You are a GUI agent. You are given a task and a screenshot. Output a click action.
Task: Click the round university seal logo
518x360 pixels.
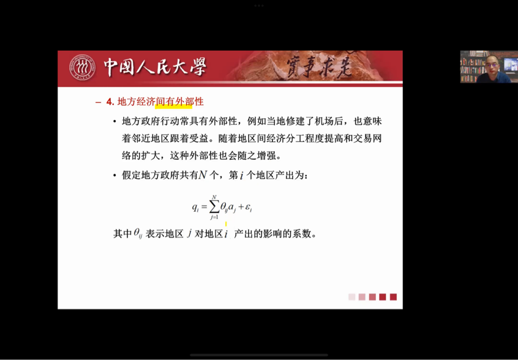tap(82, 67)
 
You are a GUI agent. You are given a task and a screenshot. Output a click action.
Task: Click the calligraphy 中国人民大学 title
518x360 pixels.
tap(155, 67)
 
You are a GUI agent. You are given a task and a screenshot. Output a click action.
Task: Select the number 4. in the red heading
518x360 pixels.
tap(110, 102)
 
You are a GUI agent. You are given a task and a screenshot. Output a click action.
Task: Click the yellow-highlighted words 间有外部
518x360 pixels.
tap(174, 102)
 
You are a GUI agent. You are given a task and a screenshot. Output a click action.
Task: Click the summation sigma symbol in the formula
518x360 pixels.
tap(214, 207)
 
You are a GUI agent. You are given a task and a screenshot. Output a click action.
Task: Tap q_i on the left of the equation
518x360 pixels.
tap(195, 208)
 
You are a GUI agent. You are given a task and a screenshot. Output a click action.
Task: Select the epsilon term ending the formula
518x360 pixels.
tap(249, 208)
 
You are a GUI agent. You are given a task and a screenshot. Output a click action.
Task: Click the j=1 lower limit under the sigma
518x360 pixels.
tap(214, 217)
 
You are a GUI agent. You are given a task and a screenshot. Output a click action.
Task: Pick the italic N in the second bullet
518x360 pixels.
tap(203, 174)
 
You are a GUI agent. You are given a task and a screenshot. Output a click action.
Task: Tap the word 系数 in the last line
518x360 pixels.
tap(302, 233)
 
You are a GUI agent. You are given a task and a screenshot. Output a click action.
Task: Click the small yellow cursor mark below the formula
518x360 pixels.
tap(226, 224)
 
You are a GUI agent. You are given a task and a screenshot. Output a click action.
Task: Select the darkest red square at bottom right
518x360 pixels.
tap(383, 297)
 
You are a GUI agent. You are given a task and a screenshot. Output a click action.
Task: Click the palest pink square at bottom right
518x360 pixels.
tap(352, 297)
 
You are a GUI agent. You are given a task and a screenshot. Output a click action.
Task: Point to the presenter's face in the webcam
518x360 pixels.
tap(492, 64)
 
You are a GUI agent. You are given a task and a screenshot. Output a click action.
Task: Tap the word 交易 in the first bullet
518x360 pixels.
tap(362, 138)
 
